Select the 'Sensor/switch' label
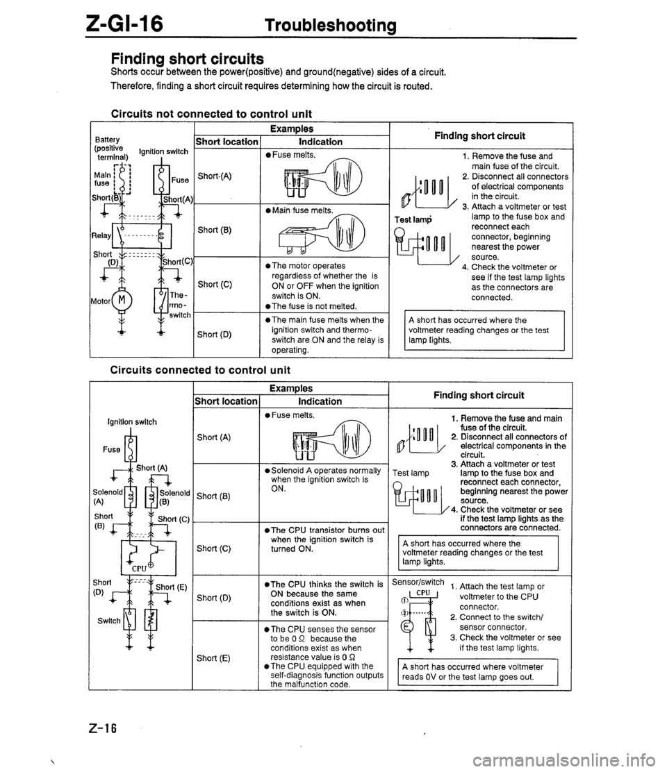point(419,582)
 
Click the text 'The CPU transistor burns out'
point(324,531)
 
